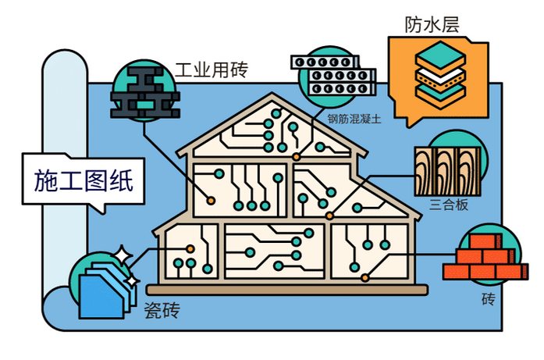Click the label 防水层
[x=432, y=24]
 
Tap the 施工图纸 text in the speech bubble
[x=84, y=180]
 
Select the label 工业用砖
[x=212, y=70]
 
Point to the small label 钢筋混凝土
[x=354, y=119]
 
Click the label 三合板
[x=449, y=205]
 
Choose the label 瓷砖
[x=162, y=309]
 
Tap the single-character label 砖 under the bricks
[x=489, y=298]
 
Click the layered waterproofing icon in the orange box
[x=440, y=75]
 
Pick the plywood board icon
[x=447, y=171]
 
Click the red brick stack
[x=485, y=257]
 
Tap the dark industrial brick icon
[x=145, y=92]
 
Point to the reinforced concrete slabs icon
[x=333, y=75]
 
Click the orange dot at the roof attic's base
[x=296, y=157]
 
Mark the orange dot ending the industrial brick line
[x=211, y=201]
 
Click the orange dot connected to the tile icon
[x=190, y=248]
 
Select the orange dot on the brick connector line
[x=364, y=278]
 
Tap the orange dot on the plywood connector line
[x=329, y=216]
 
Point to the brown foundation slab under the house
[x=287, y=290]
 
